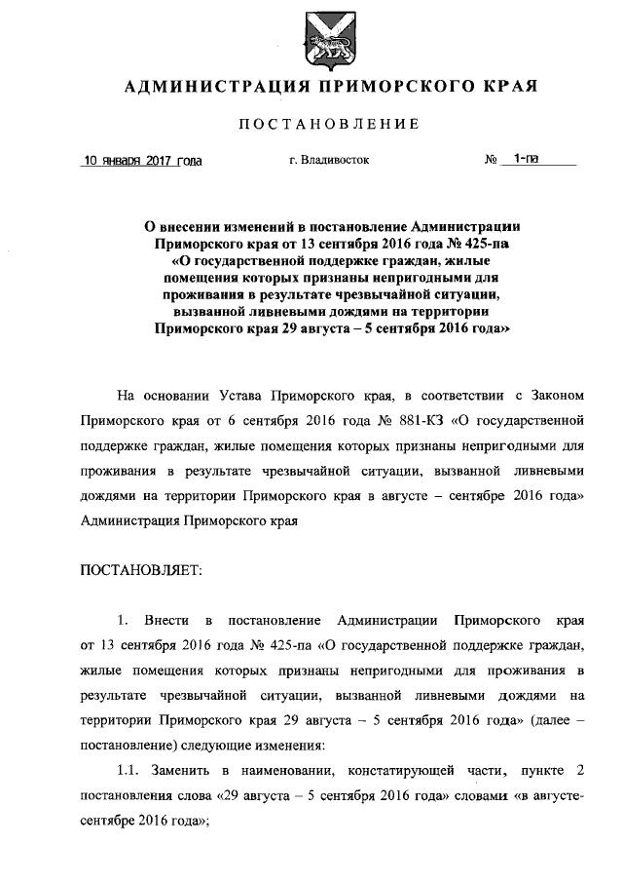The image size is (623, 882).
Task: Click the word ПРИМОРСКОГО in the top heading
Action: (x=393, y=87)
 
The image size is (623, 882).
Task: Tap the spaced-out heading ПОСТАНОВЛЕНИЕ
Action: (x=330, y=124)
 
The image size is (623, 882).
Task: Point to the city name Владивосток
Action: (x=336, y=159)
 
